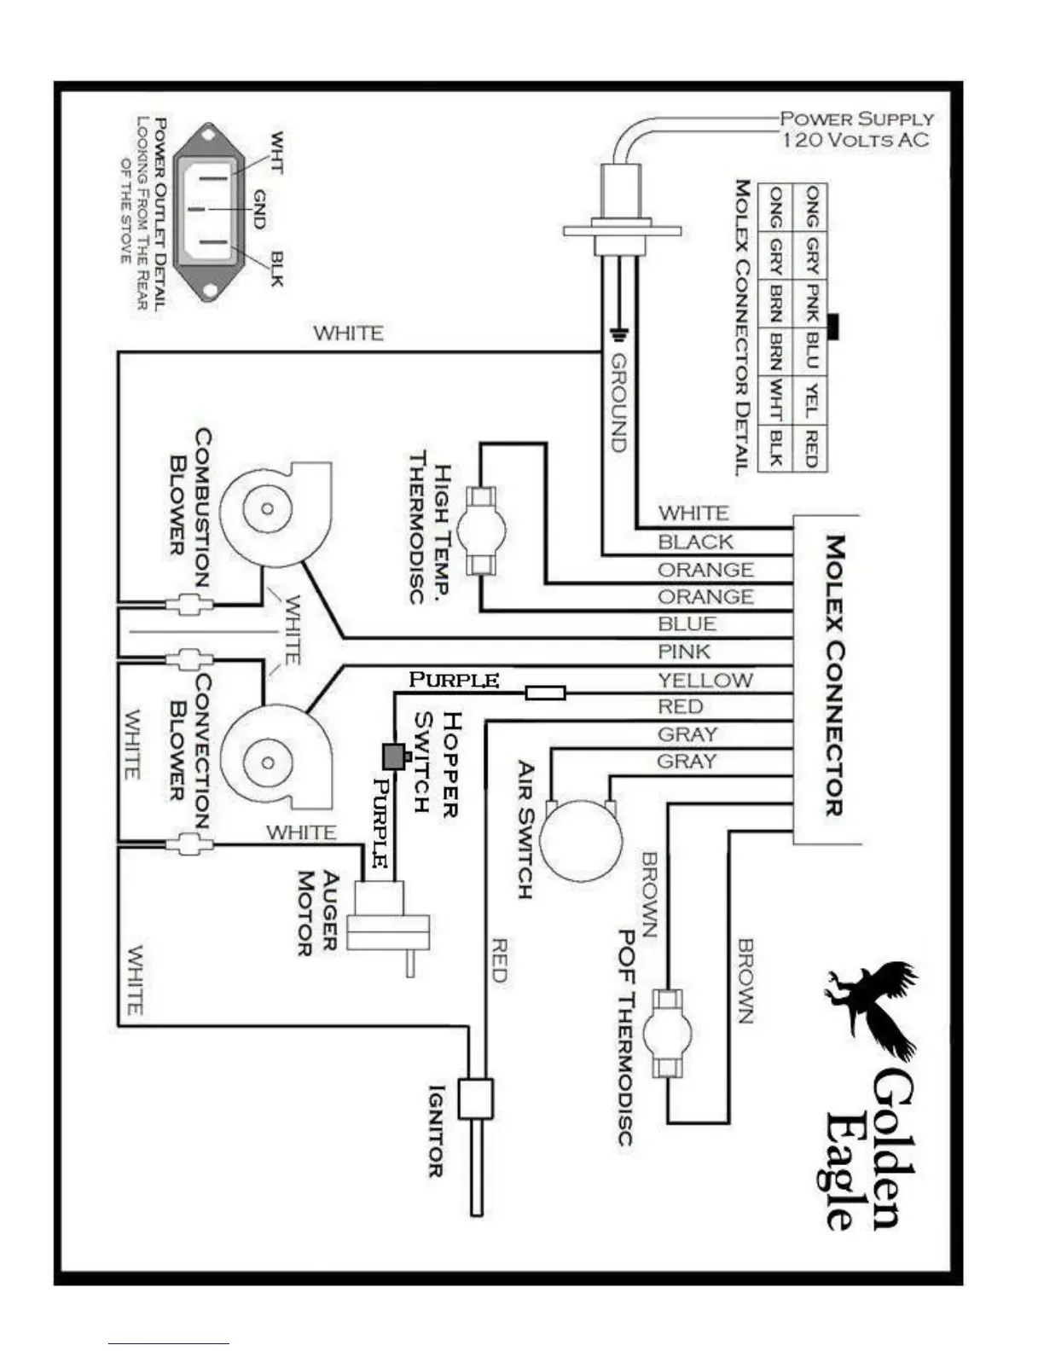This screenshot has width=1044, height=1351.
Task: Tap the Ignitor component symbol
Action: tap(475, 1099)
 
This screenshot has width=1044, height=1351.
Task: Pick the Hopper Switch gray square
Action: tap(393, 755)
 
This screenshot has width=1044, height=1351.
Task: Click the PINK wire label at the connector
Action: tap(684, 652)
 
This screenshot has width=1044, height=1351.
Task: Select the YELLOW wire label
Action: tap(705, 680)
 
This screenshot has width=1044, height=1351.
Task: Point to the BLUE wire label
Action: tap(687, 624)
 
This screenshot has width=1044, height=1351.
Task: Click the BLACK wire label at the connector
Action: tap(695, 542)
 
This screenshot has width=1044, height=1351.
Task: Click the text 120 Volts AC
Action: tap(855, 140)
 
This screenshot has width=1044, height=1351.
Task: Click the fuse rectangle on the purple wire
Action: tap(545, 693)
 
